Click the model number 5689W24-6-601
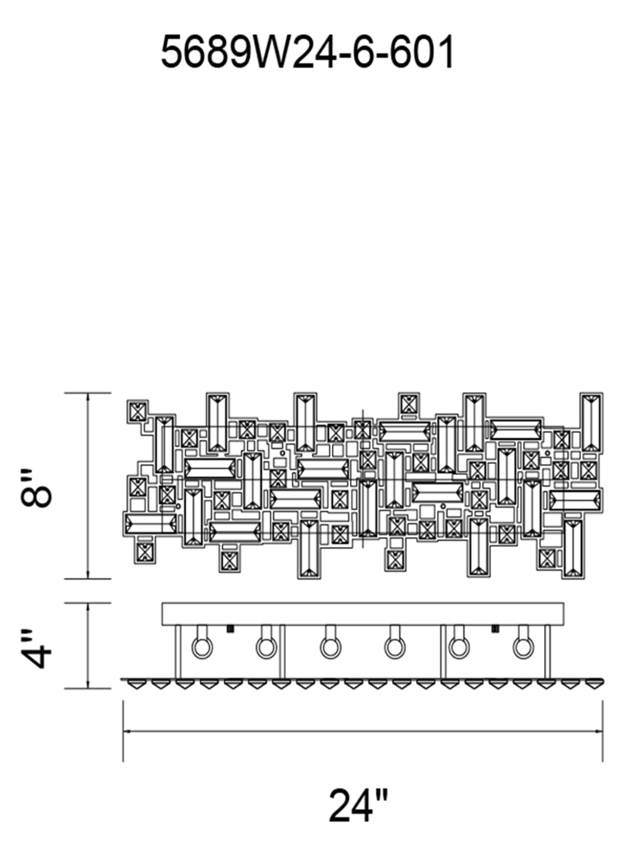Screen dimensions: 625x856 point(308,51)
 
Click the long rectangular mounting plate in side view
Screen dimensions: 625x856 point(363,614)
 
